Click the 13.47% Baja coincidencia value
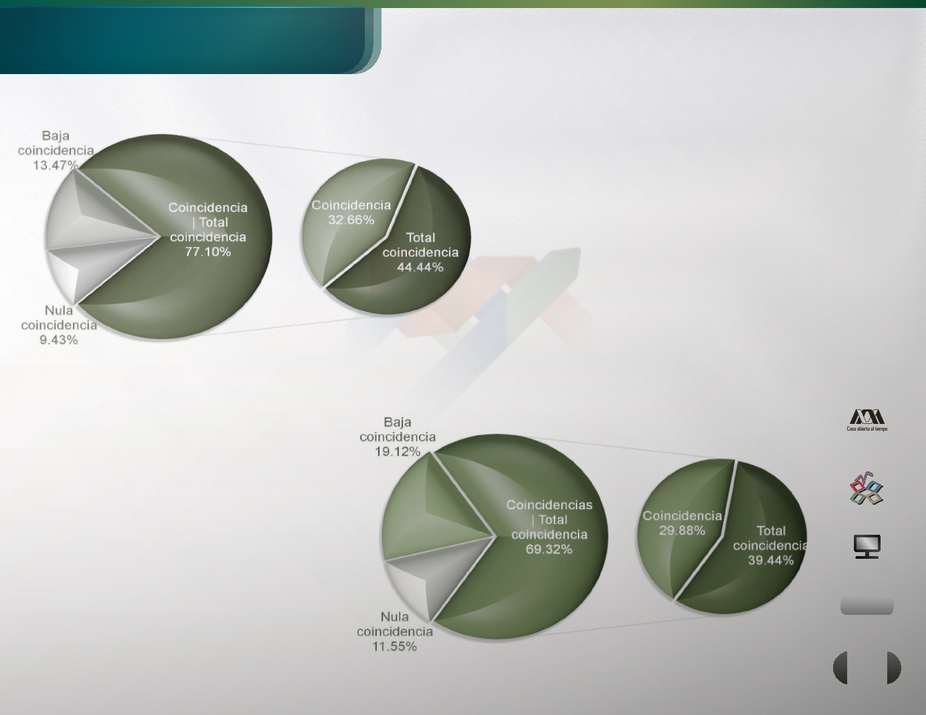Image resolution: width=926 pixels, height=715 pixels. click(x=55, y=165)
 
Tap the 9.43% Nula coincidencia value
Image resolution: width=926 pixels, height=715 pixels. click(x=59, y=340)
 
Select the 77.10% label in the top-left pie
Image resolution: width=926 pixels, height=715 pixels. click(x=208, y=252)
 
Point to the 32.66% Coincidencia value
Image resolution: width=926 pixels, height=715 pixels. click(x=351, y=220)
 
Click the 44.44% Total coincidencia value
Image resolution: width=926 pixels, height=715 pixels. click(x=420, y=267)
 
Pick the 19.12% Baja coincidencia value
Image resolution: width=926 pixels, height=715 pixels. click(x=398, y=451)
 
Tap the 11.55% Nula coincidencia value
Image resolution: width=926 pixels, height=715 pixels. click(x=395, y=646)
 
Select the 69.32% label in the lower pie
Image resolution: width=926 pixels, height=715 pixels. click(x=549, y=549)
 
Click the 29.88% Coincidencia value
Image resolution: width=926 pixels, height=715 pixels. click(x=682, y=531)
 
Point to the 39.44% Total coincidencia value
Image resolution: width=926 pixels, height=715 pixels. click(x=771, y=560)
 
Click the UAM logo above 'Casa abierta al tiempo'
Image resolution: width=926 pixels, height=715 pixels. click(x=867, y=417)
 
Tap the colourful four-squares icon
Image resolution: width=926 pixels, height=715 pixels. click(x=867, y=488)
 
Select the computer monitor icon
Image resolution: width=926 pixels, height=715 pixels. click(x=867, y=546)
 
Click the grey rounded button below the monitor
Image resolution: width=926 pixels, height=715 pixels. click(x=867, y=606)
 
